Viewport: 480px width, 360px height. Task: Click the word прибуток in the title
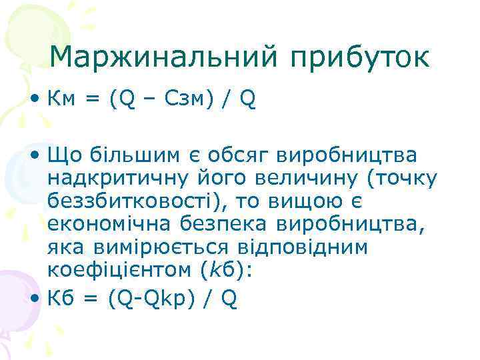359,58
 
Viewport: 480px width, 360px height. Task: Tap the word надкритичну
117,178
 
